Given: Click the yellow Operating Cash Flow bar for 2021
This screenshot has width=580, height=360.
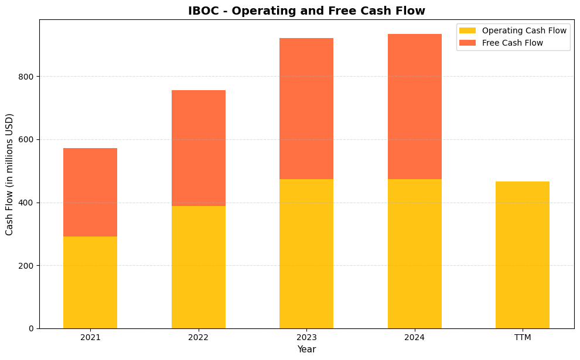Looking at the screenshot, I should coord(90,282).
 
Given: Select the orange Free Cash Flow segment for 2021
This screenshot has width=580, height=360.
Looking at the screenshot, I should coord(90,192).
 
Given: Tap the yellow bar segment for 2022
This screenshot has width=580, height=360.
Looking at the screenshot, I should coord(198,267).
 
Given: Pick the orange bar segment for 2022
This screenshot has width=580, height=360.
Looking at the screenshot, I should coord(198,148).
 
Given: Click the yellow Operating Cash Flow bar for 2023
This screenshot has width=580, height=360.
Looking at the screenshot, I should coord(306,253).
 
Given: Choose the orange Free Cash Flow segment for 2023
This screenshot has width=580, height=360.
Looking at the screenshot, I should coord(306,108).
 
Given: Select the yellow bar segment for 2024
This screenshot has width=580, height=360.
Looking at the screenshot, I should coord(414,253).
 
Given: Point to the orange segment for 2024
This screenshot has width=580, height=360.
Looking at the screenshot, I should coord(414,107).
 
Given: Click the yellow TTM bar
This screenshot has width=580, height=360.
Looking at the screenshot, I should coord(522,255).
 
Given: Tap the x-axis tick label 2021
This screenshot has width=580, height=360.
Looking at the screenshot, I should coord(90,338).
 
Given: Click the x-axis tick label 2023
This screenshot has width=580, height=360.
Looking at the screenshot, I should coord(306,338).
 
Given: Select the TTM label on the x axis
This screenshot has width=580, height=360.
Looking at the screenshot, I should coord(522,338).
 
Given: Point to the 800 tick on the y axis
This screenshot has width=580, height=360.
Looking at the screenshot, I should coord(27,77).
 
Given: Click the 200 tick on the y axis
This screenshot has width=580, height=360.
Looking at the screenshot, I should coord(27,266).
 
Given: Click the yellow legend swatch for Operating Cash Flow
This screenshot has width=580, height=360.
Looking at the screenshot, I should coord(468,30).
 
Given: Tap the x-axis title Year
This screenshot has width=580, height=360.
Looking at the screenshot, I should coord(306,349).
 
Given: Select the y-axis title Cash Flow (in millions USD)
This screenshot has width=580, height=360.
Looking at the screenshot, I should coord(10,174).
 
